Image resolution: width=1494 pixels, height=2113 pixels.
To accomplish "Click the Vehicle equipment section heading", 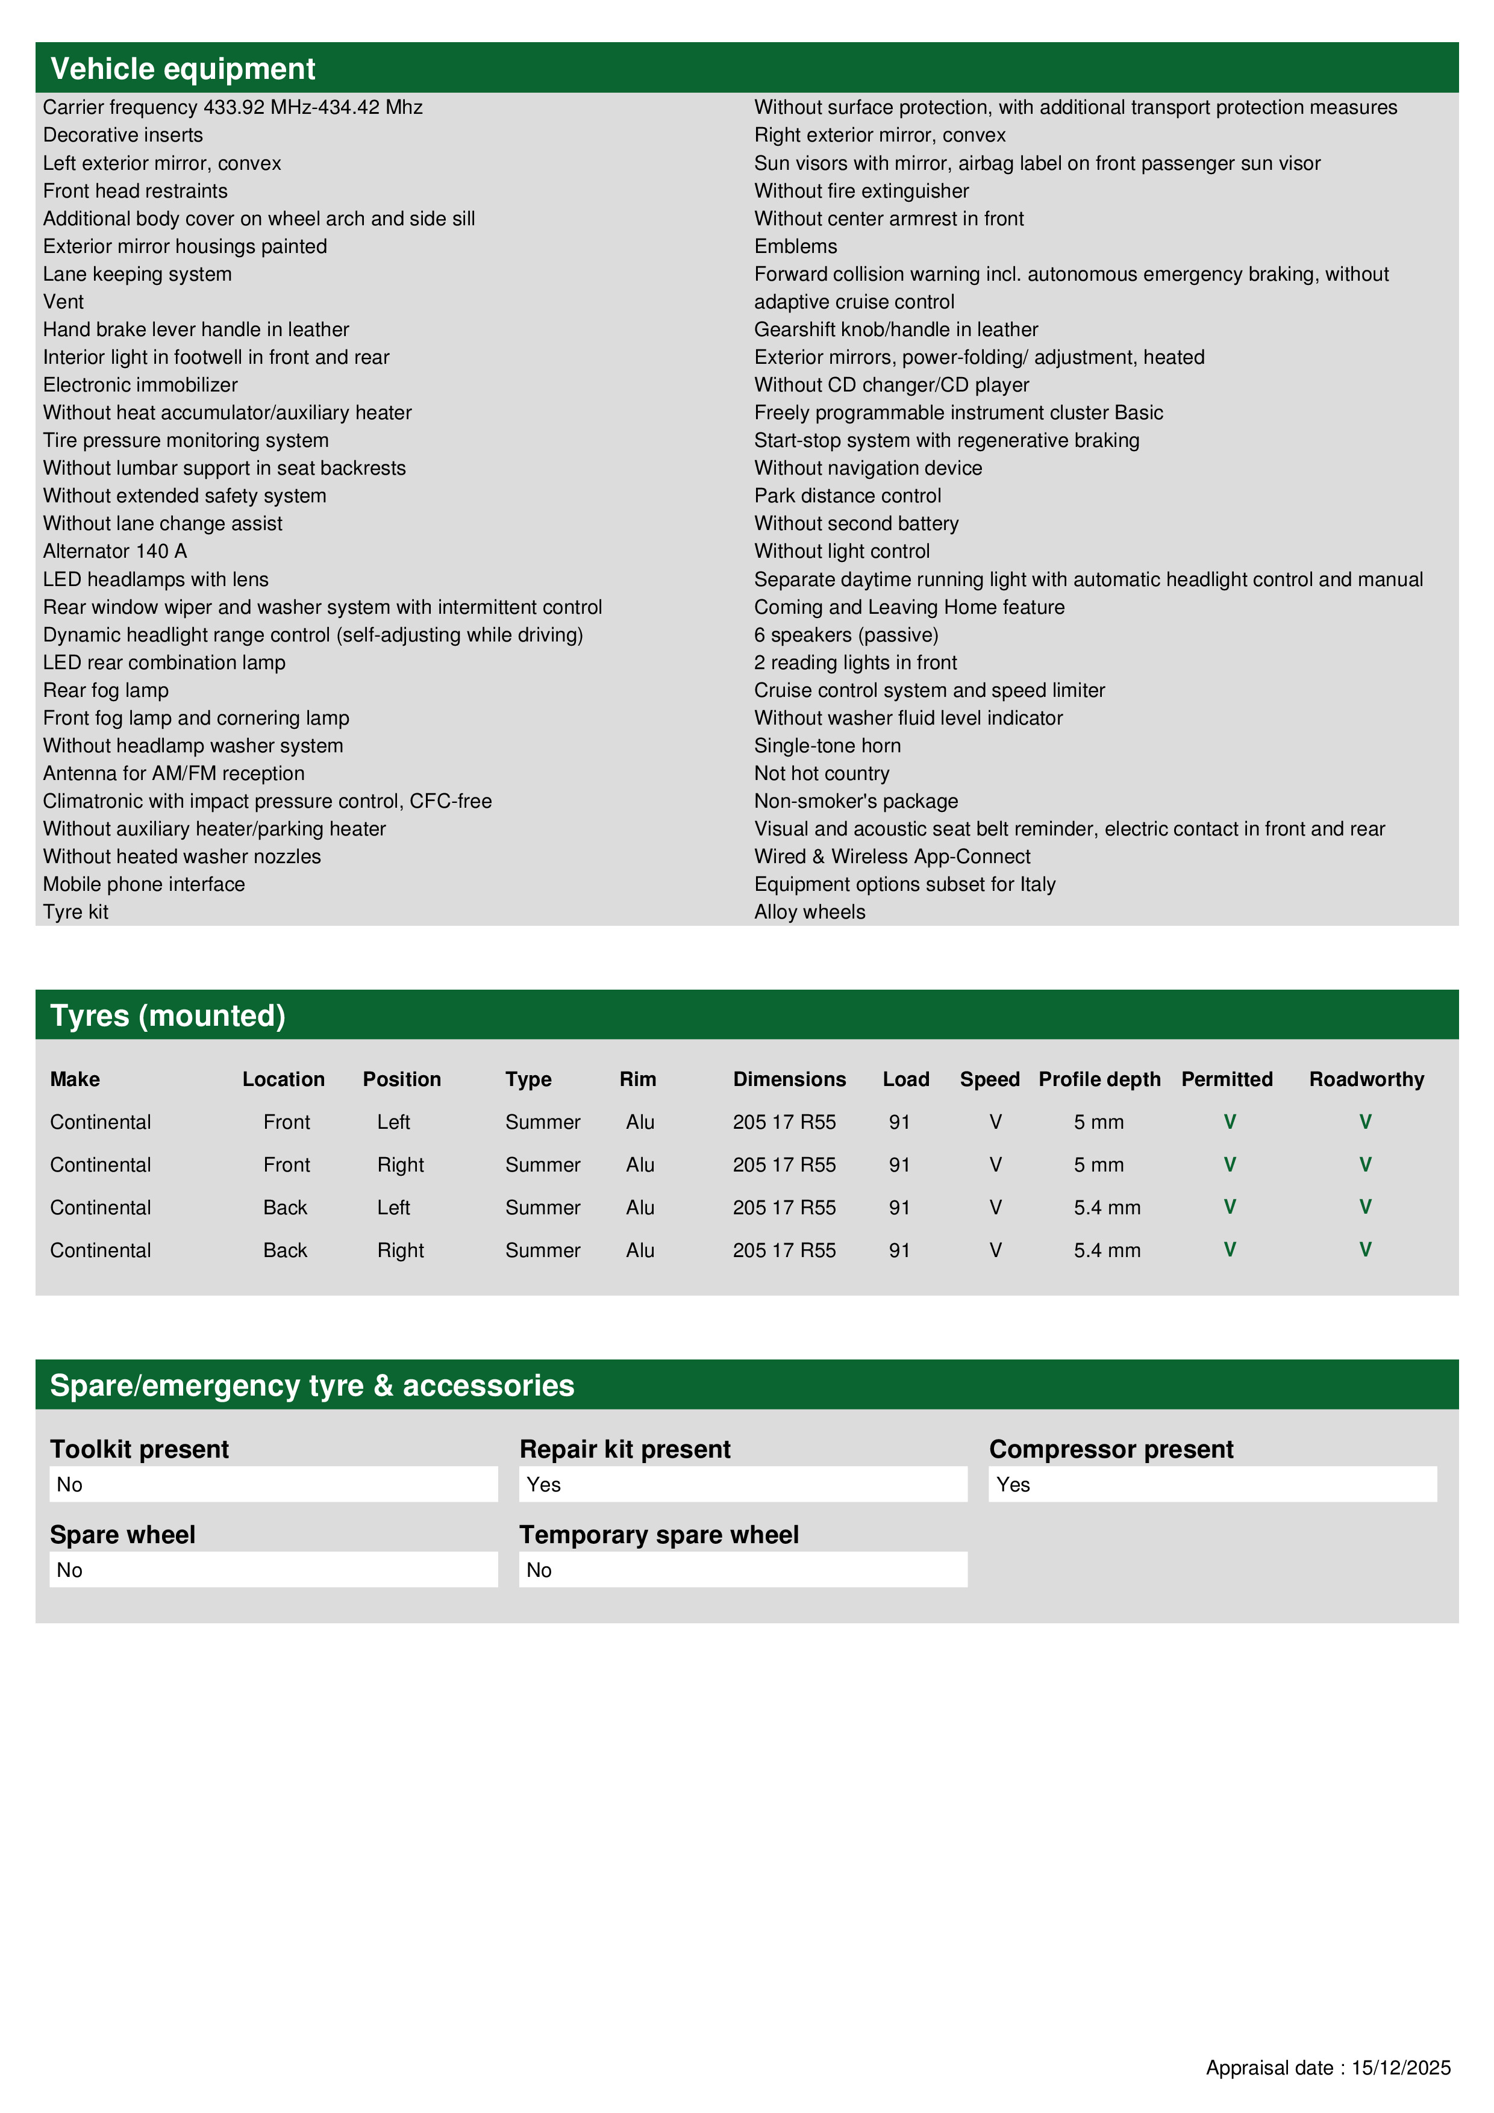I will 183,69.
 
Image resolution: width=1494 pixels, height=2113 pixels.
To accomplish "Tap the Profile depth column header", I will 1099,1079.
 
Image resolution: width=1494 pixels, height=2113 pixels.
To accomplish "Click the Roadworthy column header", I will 1366,1079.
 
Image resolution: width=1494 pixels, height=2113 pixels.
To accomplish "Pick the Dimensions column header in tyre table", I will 789,1079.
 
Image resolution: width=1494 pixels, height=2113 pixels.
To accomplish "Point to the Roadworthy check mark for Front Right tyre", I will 1365,1164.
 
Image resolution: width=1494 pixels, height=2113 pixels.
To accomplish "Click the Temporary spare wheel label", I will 658,1534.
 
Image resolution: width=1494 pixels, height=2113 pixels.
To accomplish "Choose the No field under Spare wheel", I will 272,1570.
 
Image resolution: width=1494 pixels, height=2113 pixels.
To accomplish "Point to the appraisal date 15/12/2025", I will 1400,2068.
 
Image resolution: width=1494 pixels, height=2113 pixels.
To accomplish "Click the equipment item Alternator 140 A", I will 115,551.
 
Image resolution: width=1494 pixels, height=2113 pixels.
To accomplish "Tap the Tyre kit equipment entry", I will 75,912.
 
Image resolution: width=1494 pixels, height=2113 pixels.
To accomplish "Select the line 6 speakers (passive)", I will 846,635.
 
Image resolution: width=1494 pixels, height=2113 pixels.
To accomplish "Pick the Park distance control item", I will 847,496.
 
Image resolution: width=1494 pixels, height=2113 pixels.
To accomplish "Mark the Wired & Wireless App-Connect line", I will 892,857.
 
